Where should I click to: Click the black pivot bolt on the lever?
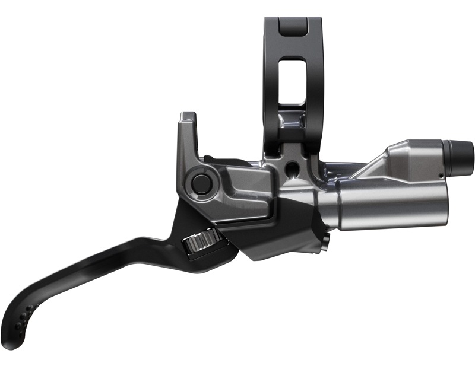click(201, 182)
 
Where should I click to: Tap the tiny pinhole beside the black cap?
click(440, 176)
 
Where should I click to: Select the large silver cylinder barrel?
click(386, 205)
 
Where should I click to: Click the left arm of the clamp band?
click(271, 77)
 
